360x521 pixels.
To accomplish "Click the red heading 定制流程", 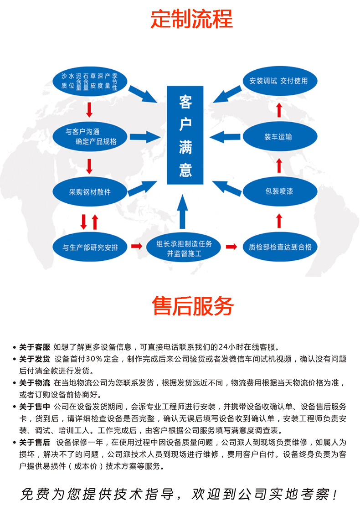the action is pyautogui.click(x=192, y=19).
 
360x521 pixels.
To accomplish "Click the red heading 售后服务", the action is pyautogui.click(x=193, y=306).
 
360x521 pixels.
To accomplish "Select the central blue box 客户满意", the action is pyautogui.click(x=185, y=135).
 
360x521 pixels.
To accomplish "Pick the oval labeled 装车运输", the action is pyautogui.click(x=280, y=137).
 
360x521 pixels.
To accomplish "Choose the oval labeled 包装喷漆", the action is pyautogui.click(x=280, y=191).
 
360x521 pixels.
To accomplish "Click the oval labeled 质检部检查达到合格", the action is pyautogui.click(x=280, y=247).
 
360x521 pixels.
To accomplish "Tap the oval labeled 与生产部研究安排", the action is pyautogui.click(x=90, y=248).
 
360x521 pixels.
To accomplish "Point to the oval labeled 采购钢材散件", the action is pyautogui.click(x=90, y=192).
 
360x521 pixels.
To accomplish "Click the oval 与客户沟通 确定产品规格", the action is pyautogui.click(x=90, y=137).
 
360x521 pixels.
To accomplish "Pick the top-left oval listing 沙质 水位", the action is pyautogui.click(x=90, y=82).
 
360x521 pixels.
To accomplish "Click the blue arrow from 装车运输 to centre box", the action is pyautogui.click(x=225, y=137).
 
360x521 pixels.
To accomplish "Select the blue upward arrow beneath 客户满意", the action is pyautogui.click(x=182, y=211).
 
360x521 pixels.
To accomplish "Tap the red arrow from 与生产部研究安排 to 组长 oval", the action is pyautogui.click(x=137, y=246).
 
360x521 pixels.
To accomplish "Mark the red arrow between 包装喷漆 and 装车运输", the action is pyautogui.click(x=279, y=165).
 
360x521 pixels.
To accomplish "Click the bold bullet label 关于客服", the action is pyautogui.click(x=35, y=347).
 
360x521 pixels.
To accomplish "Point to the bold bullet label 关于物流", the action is pyautogui.click(x=35, y=383).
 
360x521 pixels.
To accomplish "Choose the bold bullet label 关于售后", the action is pyautogui.click(x=35, y=443).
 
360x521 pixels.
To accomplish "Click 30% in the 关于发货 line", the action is pyautogui.click(x=94, y=359).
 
